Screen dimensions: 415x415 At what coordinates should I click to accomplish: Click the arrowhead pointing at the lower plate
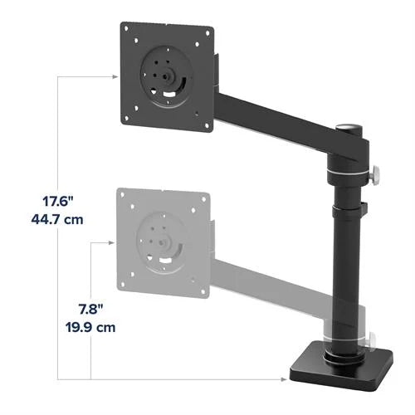coord(113,242)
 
